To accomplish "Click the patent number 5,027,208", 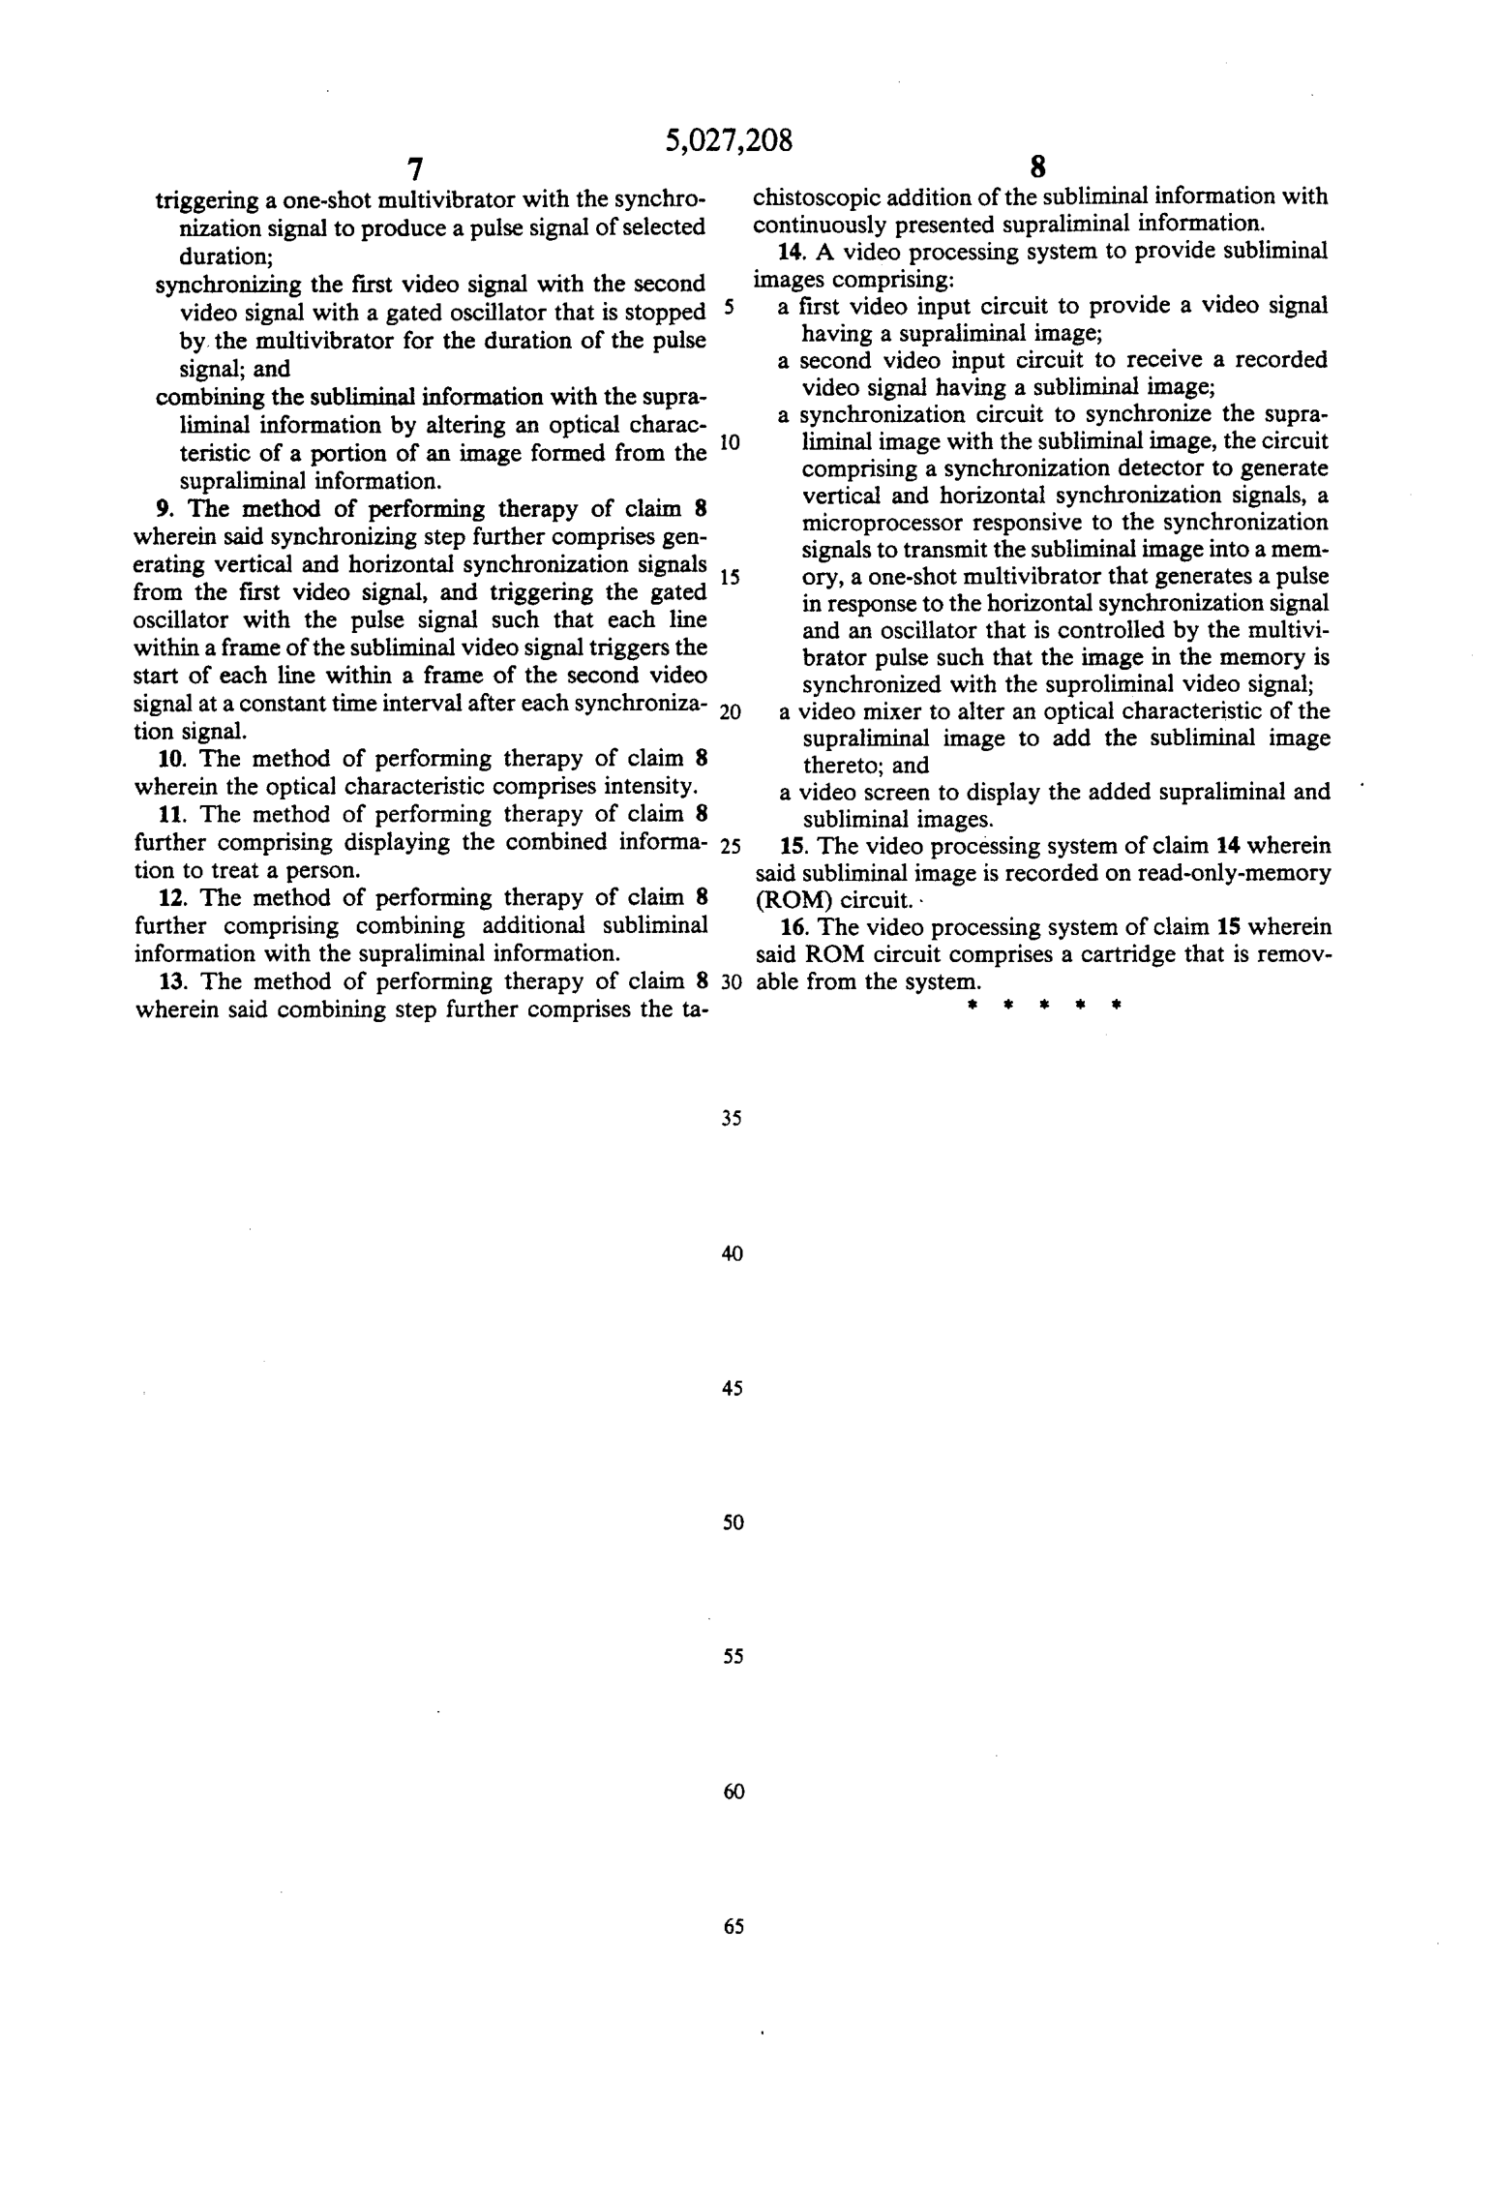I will (729, 141).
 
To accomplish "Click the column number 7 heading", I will (415, 169).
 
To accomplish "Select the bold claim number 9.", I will (164, 509).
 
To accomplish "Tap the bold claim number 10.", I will (169, 759).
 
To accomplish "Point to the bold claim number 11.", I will (169, 815).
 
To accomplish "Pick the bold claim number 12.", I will (169, 897).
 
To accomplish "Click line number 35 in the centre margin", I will (732, 1119).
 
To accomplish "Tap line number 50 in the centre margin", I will (733, 1522).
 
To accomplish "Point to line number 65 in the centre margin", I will (733, 1926).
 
